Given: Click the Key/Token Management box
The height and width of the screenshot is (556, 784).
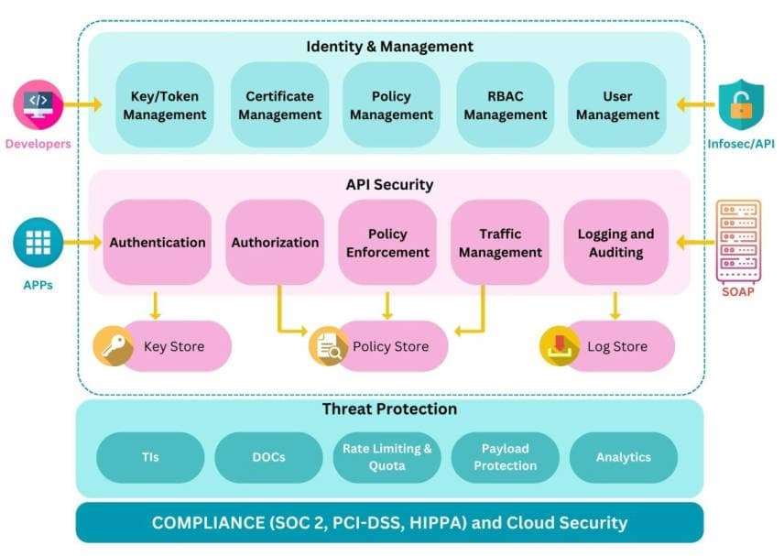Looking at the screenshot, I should (165, 105).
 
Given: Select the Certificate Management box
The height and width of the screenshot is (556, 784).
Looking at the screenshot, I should (279, 105).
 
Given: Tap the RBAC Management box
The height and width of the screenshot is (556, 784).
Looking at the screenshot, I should (505, 105).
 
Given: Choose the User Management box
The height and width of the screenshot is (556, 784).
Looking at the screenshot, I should (617, 105).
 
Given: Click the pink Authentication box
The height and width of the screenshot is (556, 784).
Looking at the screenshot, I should (158, 243).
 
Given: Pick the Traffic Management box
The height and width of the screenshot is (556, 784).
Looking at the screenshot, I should (500, 243).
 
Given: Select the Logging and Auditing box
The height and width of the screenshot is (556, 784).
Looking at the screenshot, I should (615, 243).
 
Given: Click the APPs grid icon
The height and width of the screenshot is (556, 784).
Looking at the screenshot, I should (38, 243).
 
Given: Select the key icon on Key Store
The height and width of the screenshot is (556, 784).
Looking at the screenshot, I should (114, 346).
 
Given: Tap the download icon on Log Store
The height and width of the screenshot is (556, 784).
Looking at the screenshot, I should (560, 346).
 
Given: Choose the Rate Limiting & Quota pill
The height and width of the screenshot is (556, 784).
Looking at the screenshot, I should (387, 457).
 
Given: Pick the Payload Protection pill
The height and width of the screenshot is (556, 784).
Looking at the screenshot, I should (505, 457).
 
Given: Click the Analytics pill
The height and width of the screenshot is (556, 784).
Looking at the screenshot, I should (623, 457).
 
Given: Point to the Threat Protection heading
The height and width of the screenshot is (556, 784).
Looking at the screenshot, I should (389, 409).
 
